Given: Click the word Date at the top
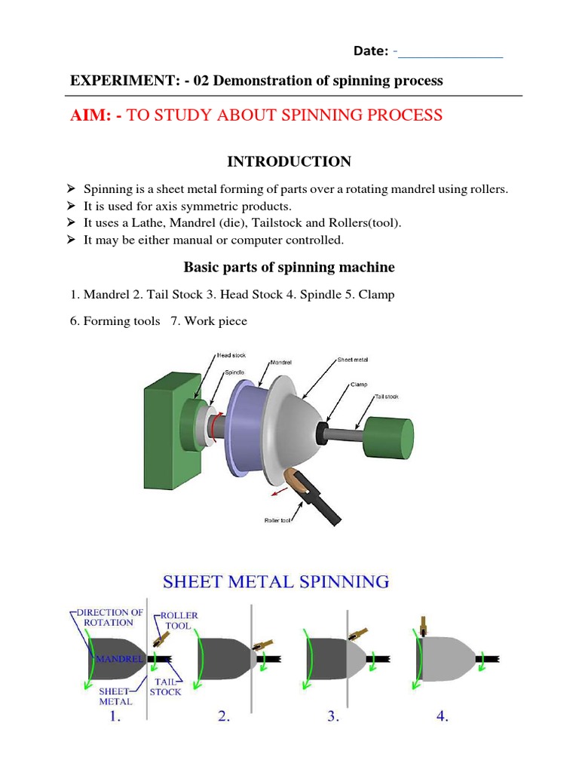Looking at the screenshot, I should click(x=371, y=51).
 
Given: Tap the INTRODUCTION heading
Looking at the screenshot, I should click(x=289, y=161).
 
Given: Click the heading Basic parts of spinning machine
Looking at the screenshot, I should click(x=289, y=268).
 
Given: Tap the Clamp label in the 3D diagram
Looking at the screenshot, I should click(x=359, y=384).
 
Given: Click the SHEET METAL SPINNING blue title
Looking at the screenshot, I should click(x=276, y=582).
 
